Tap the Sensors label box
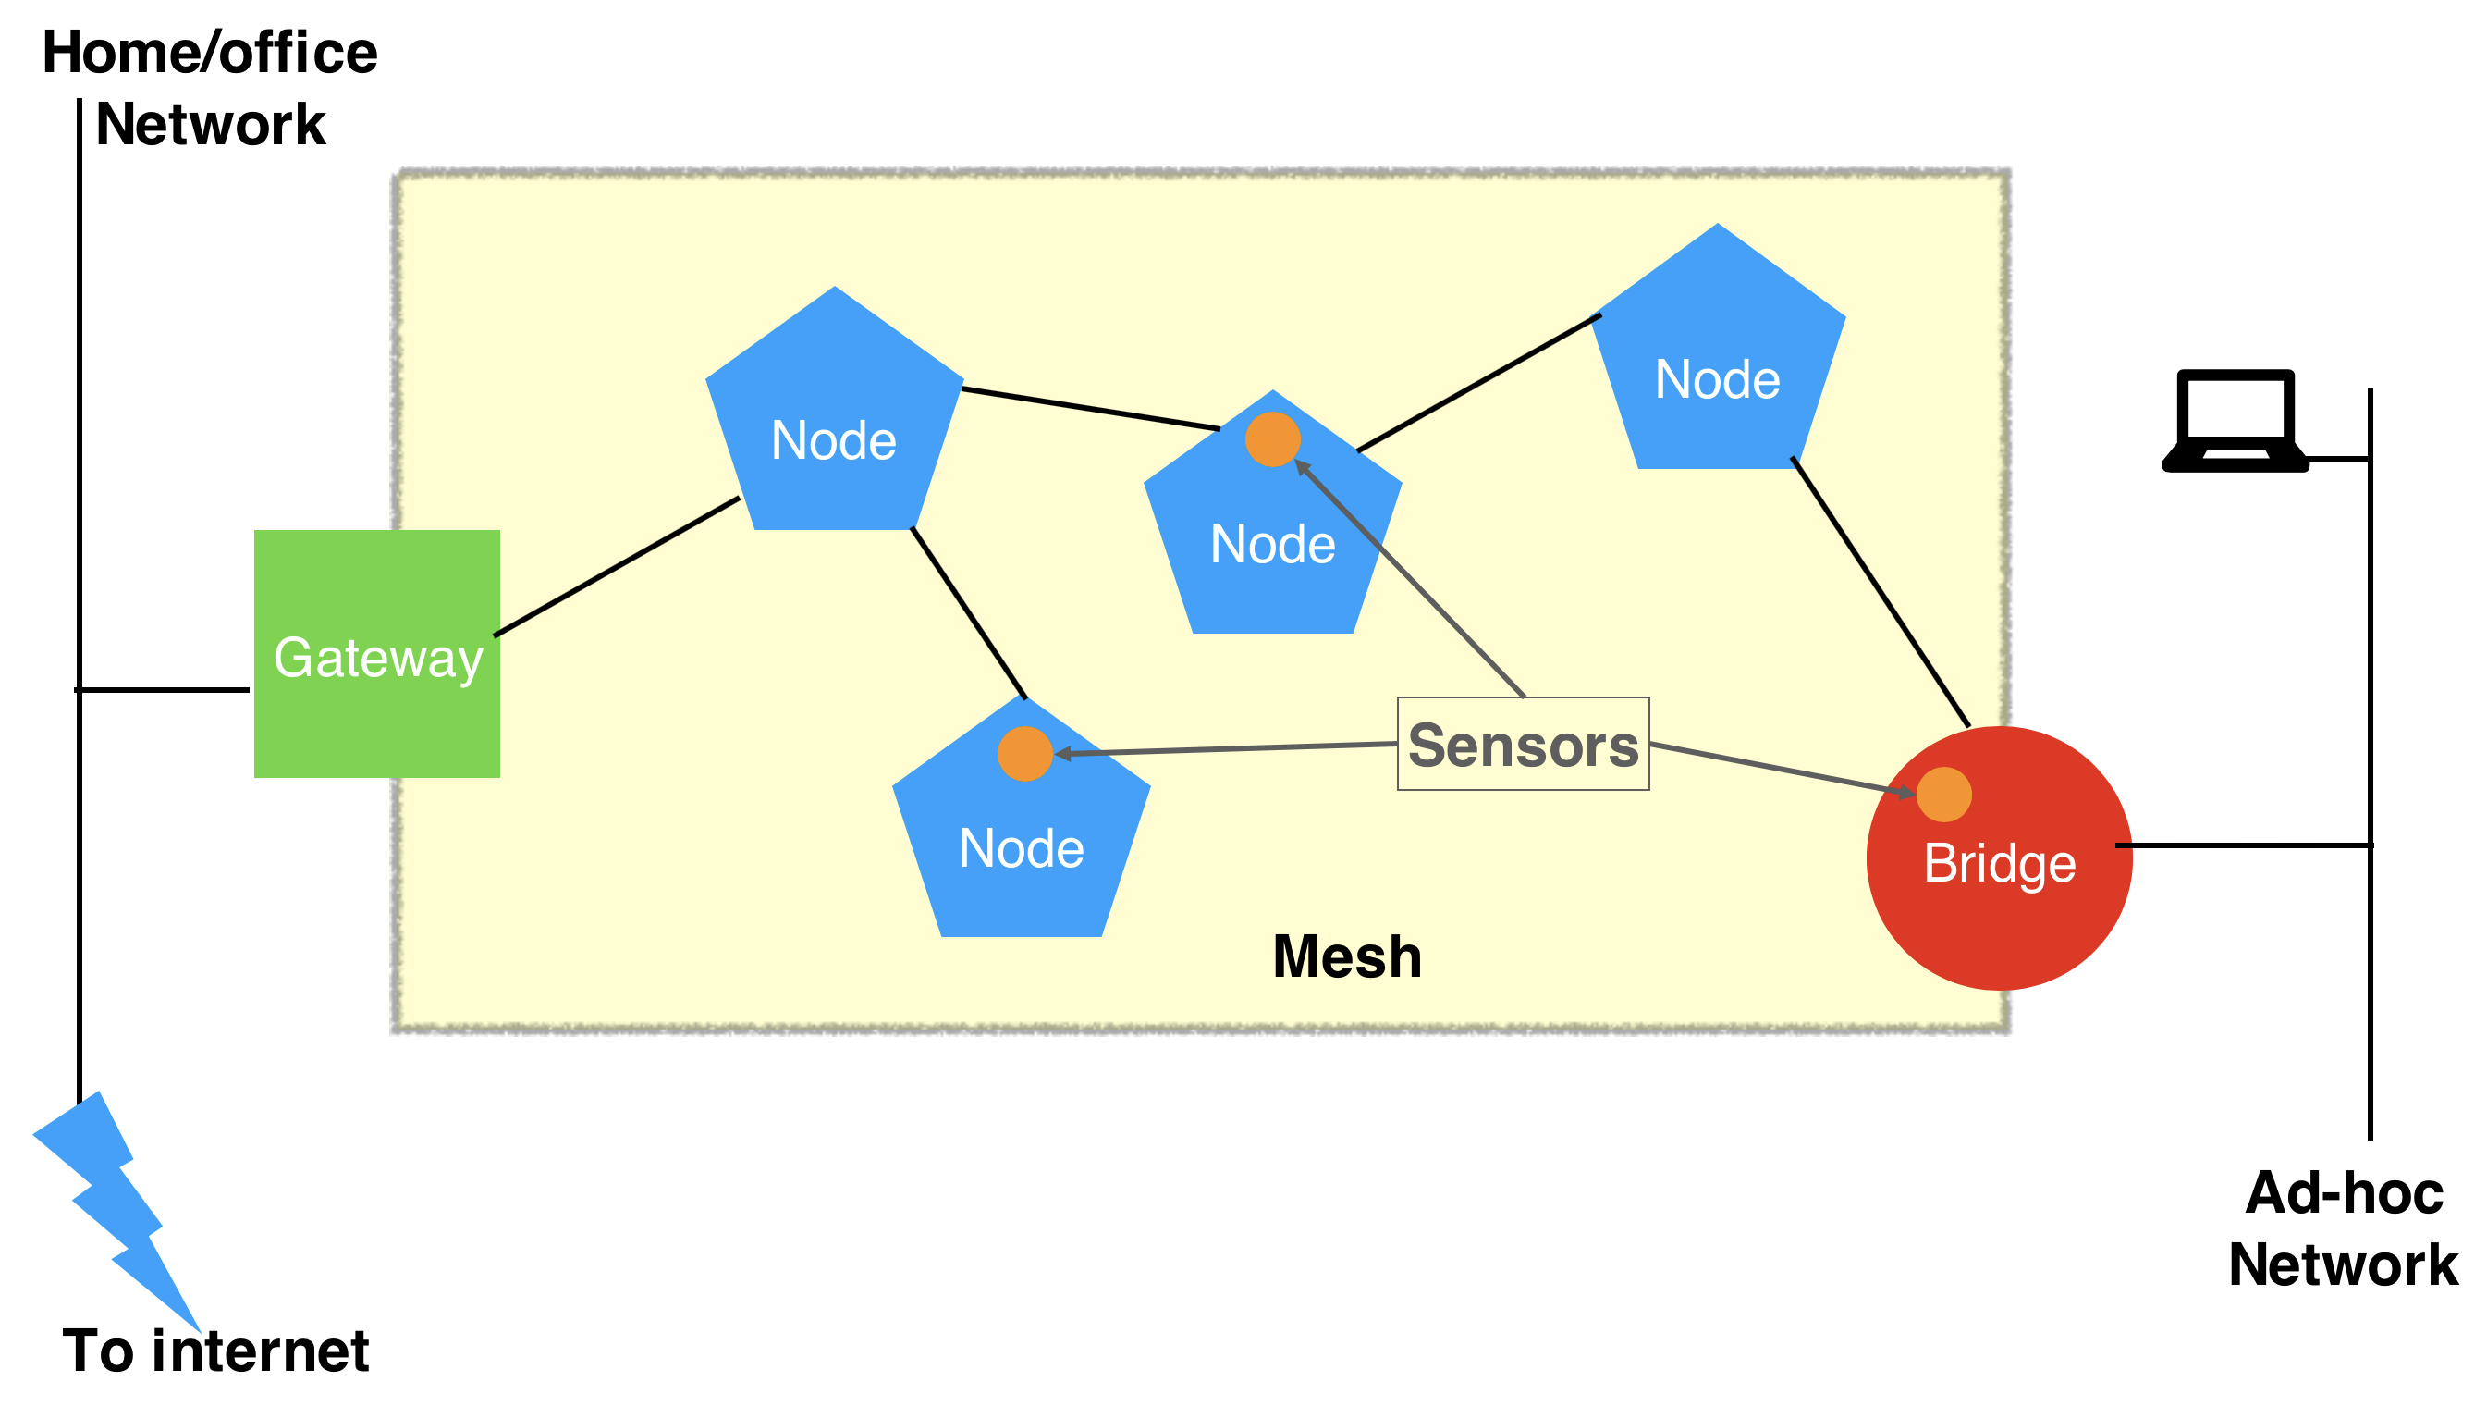click(1523, 744)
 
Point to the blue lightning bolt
click(116, 1207)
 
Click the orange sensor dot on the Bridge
click(1943, 794)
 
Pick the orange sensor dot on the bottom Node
click(1024, 753)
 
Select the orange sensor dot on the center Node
click(1272, 439)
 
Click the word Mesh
click(1347, 957)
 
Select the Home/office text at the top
click(210, 52)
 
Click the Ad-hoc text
click(2344, 1193)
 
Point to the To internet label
click(215, 1350)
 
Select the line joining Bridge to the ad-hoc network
click(2245, 846)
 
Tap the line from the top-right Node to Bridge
click(1881, 592)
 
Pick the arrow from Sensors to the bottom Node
click(1226, 748)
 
